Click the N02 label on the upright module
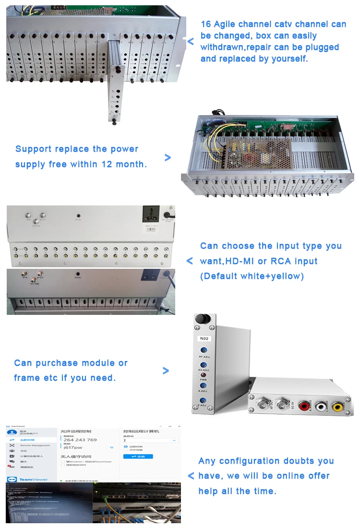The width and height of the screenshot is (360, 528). [x=204, y=338]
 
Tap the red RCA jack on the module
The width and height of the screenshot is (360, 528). [x=304, y=407]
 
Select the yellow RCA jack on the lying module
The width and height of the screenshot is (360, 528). [x=337, y=407]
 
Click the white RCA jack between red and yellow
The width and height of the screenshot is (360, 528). [x=320, y=407]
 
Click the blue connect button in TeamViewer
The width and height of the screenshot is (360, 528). [x=138, y=456]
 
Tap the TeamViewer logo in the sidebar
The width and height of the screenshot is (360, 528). [x=29, y=479]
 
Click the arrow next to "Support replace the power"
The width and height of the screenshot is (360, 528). [x=167, y=157]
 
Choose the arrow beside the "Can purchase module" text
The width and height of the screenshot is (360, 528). [x=166, y=371]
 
